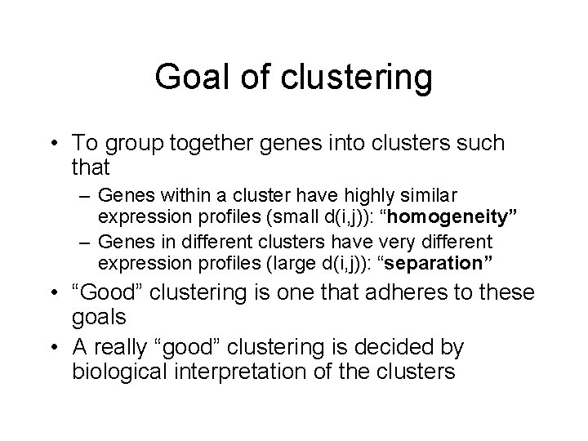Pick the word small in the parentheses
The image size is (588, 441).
(285, 218)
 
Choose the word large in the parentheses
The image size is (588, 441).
(287, 264)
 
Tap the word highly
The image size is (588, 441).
(368, 196)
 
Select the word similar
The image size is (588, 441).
(429, 196)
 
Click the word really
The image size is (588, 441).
(125, 347)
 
